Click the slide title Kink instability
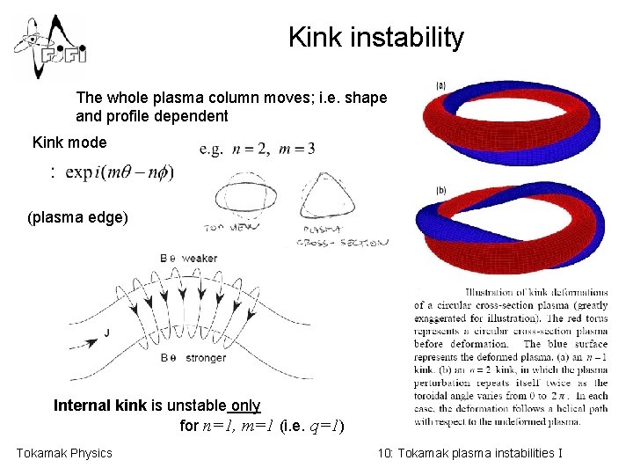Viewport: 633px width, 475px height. point(375,38)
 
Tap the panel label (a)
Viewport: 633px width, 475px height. point(440,85)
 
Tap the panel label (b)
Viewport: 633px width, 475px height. point(440,191)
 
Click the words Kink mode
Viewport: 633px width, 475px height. point(69,142)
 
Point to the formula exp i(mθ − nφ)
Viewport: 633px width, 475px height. point(114,172)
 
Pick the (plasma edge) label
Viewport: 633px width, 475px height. point(77,216)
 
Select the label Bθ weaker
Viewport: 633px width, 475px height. point(189,258)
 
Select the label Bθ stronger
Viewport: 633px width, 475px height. point(193,358)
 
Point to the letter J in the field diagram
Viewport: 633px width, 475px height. point(106,332)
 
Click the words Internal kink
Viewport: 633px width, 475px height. point(95,406)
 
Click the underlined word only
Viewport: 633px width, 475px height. point(245,406)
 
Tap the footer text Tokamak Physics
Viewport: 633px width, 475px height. point(64,453)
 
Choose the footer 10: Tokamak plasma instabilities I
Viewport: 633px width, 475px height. point(469,453)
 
